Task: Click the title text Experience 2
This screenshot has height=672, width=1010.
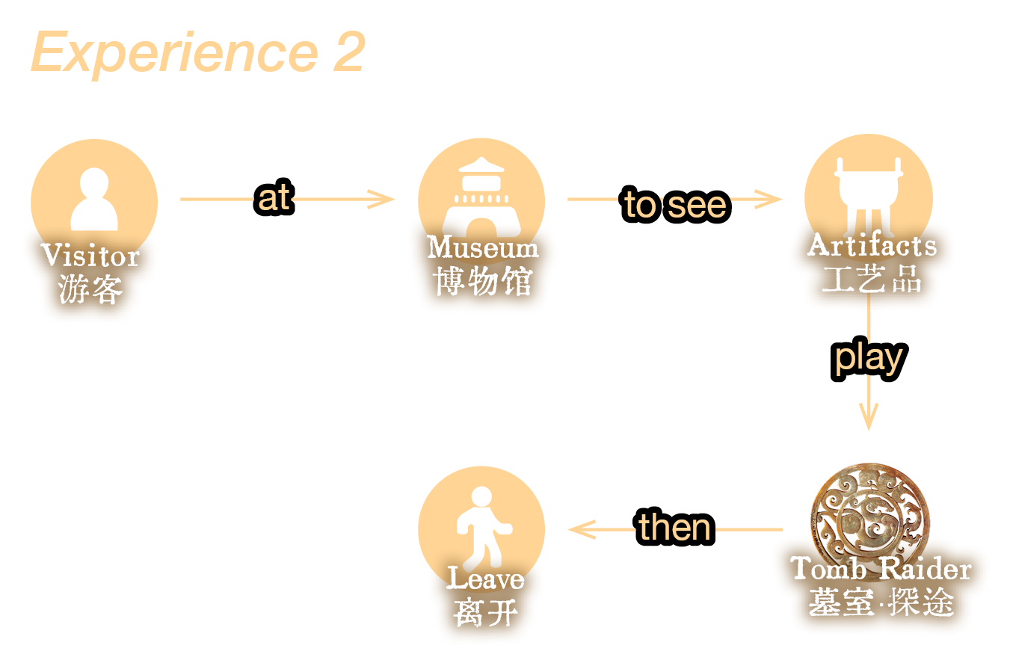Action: point(198,52)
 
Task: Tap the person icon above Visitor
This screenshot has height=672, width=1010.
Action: point(94,197)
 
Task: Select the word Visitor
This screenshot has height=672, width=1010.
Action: point(90,256)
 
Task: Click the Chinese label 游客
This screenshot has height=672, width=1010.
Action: point(90,289)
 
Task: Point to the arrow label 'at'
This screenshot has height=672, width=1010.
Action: point(274,199)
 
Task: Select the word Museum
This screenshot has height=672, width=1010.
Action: point(483,247)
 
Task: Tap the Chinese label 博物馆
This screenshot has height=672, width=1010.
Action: point(483,282)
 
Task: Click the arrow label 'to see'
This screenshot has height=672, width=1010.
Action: point(675,204)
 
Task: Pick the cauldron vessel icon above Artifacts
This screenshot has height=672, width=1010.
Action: point(868,191)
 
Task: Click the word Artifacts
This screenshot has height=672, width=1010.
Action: point(872,245)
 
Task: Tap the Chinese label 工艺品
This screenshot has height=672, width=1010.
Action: point(872,280)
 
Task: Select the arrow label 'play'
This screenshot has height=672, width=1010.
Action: point(869,357)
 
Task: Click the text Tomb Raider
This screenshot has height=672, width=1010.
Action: point(881,569)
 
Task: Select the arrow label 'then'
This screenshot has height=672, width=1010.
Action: point(675,527)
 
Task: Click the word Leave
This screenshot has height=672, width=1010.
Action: point(485,579)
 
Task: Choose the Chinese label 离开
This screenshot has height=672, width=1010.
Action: point(485,613)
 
